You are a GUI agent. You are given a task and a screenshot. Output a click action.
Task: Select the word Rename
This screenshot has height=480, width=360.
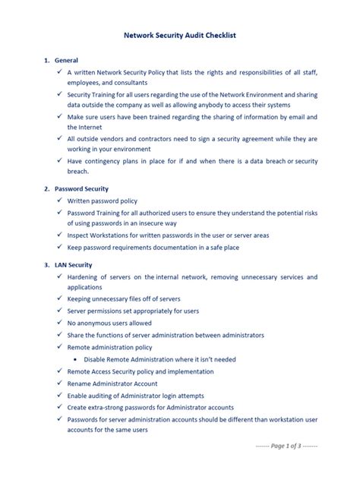click(x=81, y=384)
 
